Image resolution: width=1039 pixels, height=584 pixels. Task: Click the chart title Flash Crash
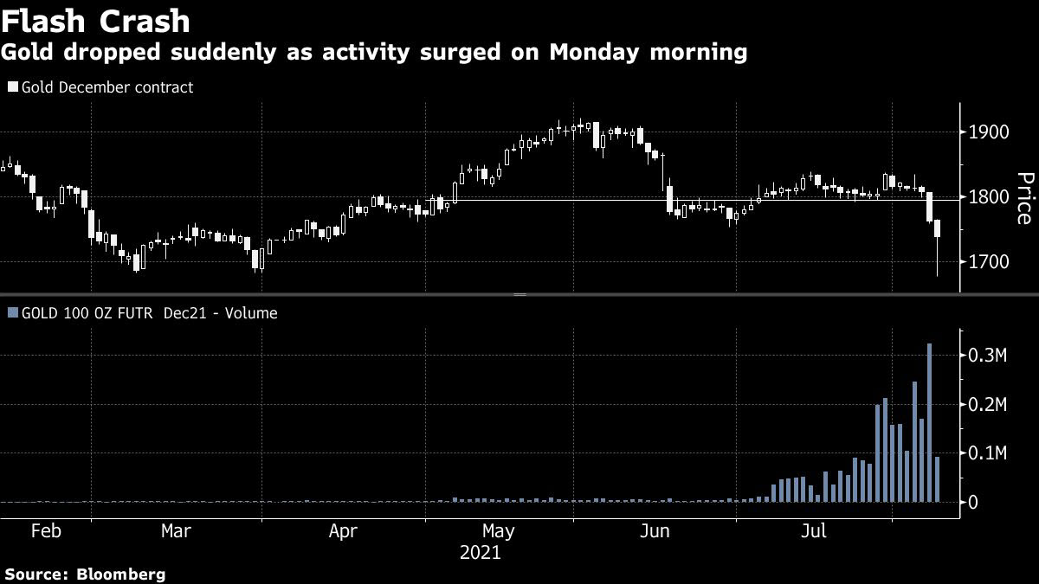tap(96, 20)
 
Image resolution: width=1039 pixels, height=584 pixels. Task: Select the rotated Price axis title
tap(1024, 198)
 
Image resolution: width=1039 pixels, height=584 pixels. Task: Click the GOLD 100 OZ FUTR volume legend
tap(143, 313)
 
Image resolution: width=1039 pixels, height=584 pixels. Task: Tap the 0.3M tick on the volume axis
tap(987, 356)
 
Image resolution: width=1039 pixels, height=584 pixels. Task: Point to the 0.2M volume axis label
tap(987, 404)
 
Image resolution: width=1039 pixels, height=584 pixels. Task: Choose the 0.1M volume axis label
tap(987, 452)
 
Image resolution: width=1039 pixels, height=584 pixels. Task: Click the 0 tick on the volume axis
tap(973, 502)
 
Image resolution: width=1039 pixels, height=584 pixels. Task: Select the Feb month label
tap(46, 530)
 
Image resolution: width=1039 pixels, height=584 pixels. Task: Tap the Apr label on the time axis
tap(343, 530)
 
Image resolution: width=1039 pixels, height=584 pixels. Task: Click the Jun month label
tap(655, 530)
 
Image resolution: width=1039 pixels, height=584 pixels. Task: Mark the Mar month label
tap(176, 530)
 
